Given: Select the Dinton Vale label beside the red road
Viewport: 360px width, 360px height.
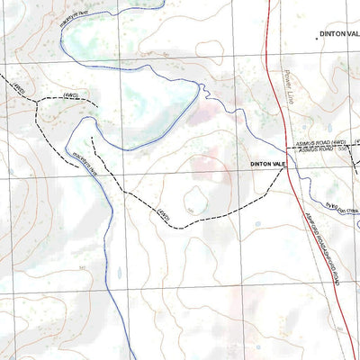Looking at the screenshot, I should click(x=267, y=164).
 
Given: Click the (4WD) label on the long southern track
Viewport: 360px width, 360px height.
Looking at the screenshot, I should click(x=163, y=214).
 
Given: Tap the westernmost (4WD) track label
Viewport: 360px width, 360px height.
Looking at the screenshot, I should click(x=18, y=88).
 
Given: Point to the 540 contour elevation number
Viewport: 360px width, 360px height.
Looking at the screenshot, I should click(x=82, y=267).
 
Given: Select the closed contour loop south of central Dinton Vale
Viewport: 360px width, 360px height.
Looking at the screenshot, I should click(x=194, y=199).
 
